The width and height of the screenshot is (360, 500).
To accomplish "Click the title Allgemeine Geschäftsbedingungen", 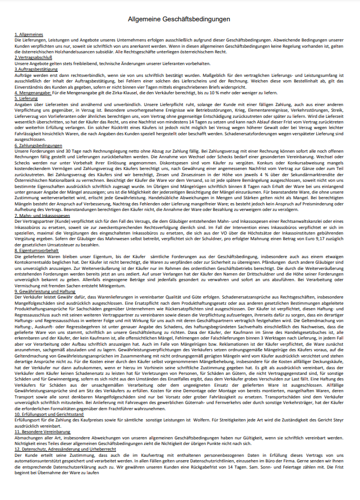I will pos(179,20).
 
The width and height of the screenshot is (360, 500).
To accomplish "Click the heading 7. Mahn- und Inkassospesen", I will pos(41,215).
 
